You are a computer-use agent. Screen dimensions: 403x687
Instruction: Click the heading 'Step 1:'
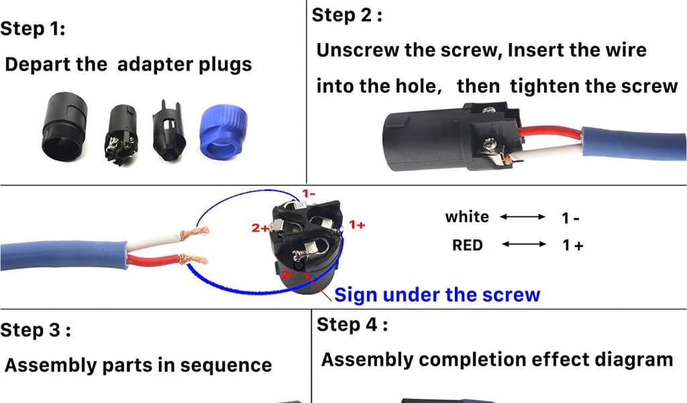tap(33, 29)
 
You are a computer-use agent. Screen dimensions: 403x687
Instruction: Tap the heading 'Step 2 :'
tap(347, 15)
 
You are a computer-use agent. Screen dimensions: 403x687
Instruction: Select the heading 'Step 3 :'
tap(36, 330)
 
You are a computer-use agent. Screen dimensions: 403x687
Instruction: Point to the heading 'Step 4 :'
tap(352, 325)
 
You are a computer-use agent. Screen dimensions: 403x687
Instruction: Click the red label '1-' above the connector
tap(309, 194)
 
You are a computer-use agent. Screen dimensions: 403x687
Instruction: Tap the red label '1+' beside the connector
tap(357, 224)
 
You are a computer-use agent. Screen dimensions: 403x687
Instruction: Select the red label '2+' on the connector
tap(260, 228)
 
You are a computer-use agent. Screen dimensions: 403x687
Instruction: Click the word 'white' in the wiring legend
tap(467, 217)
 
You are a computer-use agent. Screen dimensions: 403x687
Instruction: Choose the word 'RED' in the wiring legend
tap(468, 245)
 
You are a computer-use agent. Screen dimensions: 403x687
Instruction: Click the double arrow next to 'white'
tap(523, 217)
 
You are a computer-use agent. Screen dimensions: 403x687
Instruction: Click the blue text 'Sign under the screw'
tap(437, 294)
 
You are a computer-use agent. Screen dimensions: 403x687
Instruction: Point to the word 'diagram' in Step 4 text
tap(634, 359)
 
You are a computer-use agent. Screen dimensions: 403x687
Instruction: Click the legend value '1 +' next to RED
tap(572, 246)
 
